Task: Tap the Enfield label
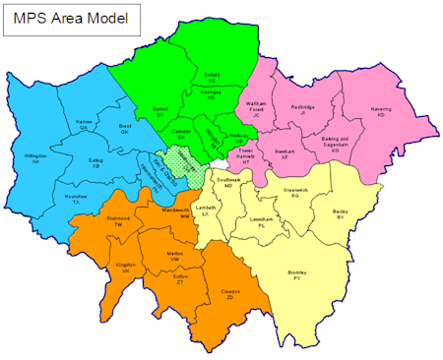point(211,76)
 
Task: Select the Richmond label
point(118,221)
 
